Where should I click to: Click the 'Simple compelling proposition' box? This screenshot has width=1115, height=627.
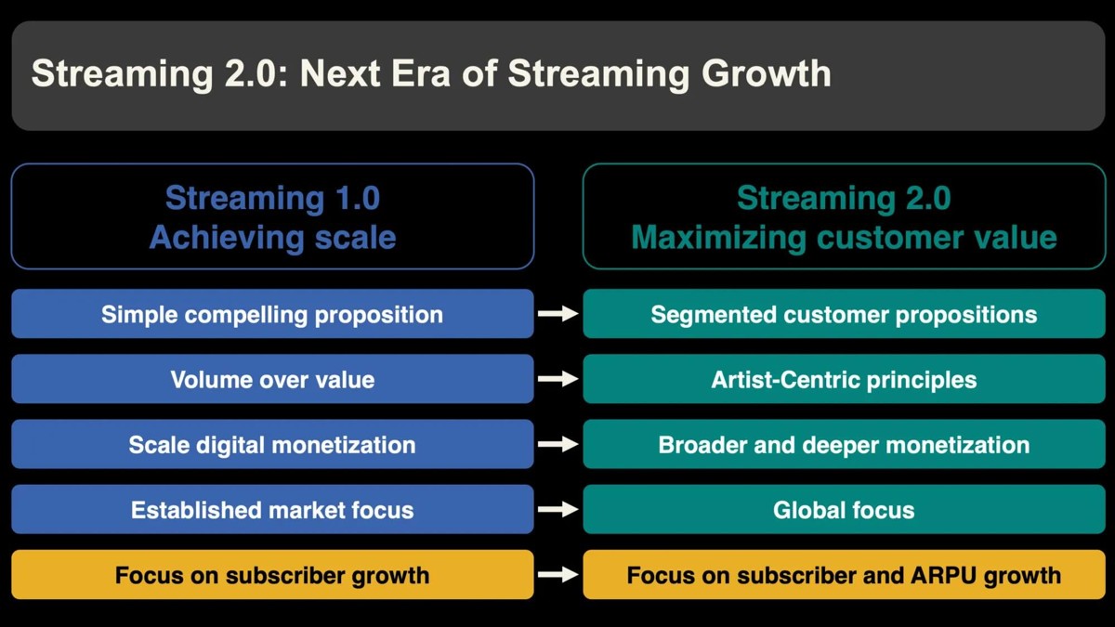272,314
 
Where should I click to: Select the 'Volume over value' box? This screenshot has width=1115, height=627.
272,379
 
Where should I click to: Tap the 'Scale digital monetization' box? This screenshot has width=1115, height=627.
272,444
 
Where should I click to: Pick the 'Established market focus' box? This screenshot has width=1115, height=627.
272,509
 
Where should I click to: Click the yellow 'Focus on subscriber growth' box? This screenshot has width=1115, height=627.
272,574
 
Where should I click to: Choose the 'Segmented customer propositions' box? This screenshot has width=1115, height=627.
845,314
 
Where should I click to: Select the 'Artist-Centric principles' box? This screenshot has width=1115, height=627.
845,379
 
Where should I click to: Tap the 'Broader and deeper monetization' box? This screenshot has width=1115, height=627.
845,444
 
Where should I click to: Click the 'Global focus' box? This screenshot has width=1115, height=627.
845,509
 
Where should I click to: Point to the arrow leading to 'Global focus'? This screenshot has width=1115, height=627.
558,509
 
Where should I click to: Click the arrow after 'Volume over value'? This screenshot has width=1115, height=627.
558,379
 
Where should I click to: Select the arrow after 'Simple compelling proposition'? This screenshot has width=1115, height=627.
558,314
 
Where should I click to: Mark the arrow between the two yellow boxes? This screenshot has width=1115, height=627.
558,574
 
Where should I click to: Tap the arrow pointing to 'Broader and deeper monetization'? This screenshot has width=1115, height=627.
558,444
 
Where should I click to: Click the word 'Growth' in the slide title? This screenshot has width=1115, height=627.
766,73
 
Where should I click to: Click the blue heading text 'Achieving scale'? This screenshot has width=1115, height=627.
273,238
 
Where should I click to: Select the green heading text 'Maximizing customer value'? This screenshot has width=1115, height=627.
845,238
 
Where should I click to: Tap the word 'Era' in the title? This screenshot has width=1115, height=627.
421,73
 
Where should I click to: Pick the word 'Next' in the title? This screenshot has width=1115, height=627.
340,73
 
